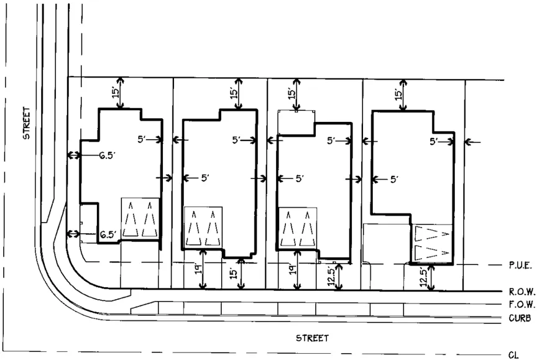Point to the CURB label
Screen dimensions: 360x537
pyautogui.click(x=518, y=318)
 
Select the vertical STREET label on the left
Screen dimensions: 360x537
pyautogui.click(x=26, y=124)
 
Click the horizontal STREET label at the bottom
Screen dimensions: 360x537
pyautogui.click(x=311, y=338)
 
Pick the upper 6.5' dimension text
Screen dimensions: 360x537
pyautogui.click(x=107, y=155)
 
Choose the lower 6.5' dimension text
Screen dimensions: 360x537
pyautogui.click(x=108, y=234)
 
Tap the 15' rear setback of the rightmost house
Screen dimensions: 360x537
pyautogui.click(x=398, y=95)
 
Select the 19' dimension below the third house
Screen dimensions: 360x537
pyautogui.click(x=292, y=269)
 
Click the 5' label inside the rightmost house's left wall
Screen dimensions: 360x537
pyautogui.click(x=393, y=179)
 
